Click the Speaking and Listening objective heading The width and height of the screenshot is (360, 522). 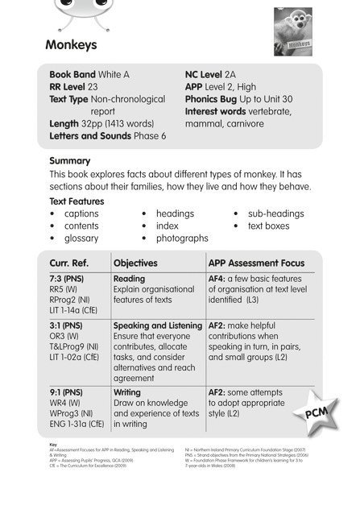tap(158, 325)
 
